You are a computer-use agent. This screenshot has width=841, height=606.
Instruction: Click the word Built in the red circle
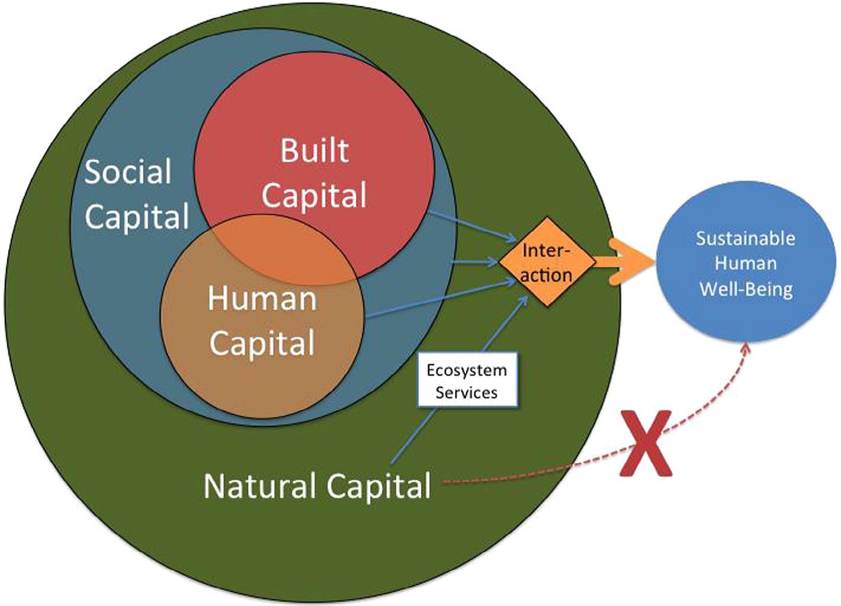click(314, 150)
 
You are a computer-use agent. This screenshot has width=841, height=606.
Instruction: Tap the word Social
click(128, 172)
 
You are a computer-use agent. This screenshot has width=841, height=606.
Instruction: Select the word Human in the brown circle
click(262, 298)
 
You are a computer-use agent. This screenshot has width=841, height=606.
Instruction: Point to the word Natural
click(259, 486)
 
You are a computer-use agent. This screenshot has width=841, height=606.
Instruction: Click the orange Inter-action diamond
click(546, 262)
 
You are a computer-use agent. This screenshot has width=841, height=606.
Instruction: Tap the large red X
click(646, 443)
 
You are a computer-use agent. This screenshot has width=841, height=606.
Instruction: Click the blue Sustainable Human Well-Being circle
click(745, 264)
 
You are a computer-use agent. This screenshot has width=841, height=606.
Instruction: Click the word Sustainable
click(745, 239)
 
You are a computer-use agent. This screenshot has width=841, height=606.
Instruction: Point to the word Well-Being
click(746, 289)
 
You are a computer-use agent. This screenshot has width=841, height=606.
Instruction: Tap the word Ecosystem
click(467, 371)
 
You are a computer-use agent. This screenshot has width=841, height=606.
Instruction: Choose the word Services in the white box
click(467, 392)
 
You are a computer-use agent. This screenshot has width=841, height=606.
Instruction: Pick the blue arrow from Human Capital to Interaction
click(441, 299)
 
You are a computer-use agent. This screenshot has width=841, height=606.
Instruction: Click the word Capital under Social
click(137, 216)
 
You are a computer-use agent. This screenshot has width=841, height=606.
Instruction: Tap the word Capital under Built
click(314, 195)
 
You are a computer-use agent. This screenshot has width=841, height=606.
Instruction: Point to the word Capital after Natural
click(378, 486)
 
